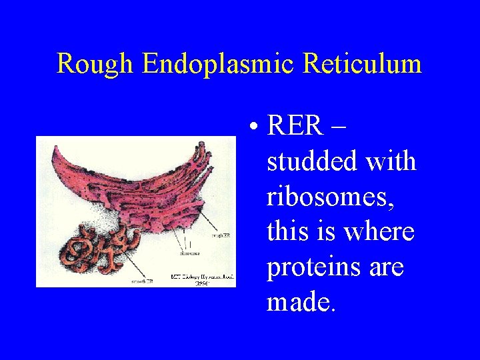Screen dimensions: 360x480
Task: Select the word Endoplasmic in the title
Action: (x=219, y=65)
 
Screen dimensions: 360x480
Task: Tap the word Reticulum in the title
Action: (x=363, y=64)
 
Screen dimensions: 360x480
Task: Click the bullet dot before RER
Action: (x=255, y=127)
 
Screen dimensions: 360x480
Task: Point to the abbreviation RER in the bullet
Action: (x=295, y=125)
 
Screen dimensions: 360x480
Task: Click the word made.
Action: (x=301, y=302)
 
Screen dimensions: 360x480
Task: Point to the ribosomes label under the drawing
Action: (x=191, y=253)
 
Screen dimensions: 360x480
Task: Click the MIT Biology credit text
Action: (x=202, y=277)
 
